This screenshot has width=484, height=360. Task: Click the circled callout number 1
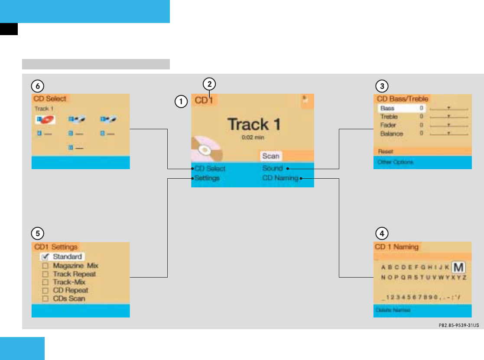(181, 101)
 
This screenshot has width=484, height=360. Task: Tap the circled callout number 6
(38, 86)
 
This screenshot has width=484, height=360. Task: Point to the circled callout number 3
(382, 86)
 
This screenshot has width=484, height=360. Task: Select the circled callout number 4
(382, 233)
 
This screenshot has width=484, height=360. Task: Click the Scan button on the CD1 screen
(271, 156)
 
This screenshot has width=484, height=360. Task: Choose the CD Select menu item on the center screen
(210, 168)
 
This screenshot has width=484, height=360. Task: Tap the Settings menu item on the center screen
(207, 178)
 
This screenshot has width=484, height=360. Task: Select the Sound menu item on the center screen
(272, 168)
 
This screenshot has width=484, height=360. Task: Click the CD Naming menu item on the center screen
(280, 178)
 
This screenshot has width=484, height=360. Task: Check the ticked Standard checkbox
(45, 257)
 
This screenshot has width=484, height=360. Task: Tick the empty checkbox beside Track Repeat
(45, 274)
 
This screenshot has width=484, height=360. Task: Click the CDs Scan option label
(69, 298)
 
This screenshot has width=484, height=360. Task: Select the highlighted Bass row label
(387, 108)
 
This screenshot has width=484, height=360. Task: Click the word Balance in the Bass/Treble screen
(391, 134)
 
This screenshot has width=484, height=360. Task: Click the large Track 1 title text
(254, 124)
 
